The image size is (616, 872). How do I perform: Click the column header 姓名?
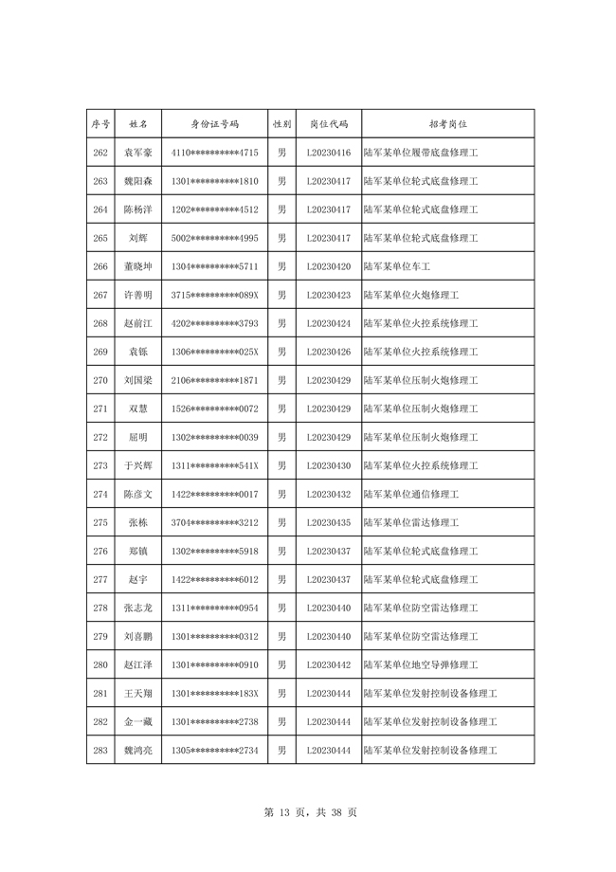tap(137, 124)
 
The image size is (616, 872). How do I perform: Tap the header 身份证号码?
tap(215, 124)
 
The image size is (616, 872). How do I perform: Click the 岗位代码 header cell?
tap(329, 124)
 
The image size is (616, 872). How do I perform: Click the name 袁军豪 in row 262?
tap(137, 153)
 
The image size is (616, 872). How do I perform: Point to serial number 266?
tap(100, 266)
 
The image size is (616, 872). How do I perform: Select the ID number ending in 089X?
tap(215, 295)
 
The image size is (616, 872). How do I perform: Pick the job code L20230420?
tap(329, 266)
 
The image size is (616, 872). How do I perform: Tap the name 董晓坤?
tap(137, 266)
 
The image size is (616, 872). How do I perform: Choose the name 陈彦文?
tap(137, 494)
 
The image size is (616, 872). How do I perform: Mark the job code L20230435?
tap(329, 522)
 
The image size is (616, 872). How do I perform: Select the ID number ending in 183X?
tap(215, 693)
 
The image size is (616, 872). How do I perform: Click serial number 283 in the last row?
tap(100, 750)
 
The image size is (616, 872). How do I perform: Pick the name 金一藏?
tap(137, 721)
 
